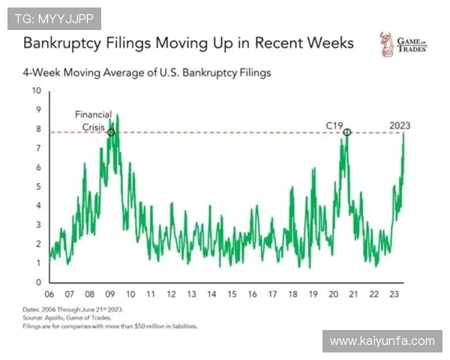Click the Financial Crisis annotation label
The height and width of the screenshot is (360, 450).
click(x=93, y=120)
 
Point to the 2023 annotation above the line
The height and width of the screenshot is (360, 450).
click(x=406, y=125)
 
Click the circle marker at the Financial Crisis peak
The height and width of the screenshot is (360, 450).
click(x=111, y=133)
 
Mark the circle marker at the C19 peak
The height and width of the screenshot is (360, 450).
click(x=347, y=133)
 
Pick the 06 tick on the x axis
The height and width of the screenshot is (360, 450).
click(x=49, y=294)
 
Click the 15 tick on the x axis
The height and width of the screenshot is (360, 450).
click(x=232, y=294)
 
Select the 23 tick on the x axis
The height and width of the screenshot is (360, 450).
click(x=394, y=294)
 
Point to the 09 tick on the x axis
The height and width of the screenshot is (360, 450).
click(x=110, y=294)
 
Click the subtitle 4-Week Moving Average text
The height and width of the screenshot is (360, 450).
click(x=146, y=73)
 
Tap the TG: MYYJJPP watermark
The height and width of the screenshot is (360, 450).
click(x=54, y=17)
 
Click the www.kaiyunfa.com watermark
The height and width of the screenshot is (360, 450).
click(x=382, y=341)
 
